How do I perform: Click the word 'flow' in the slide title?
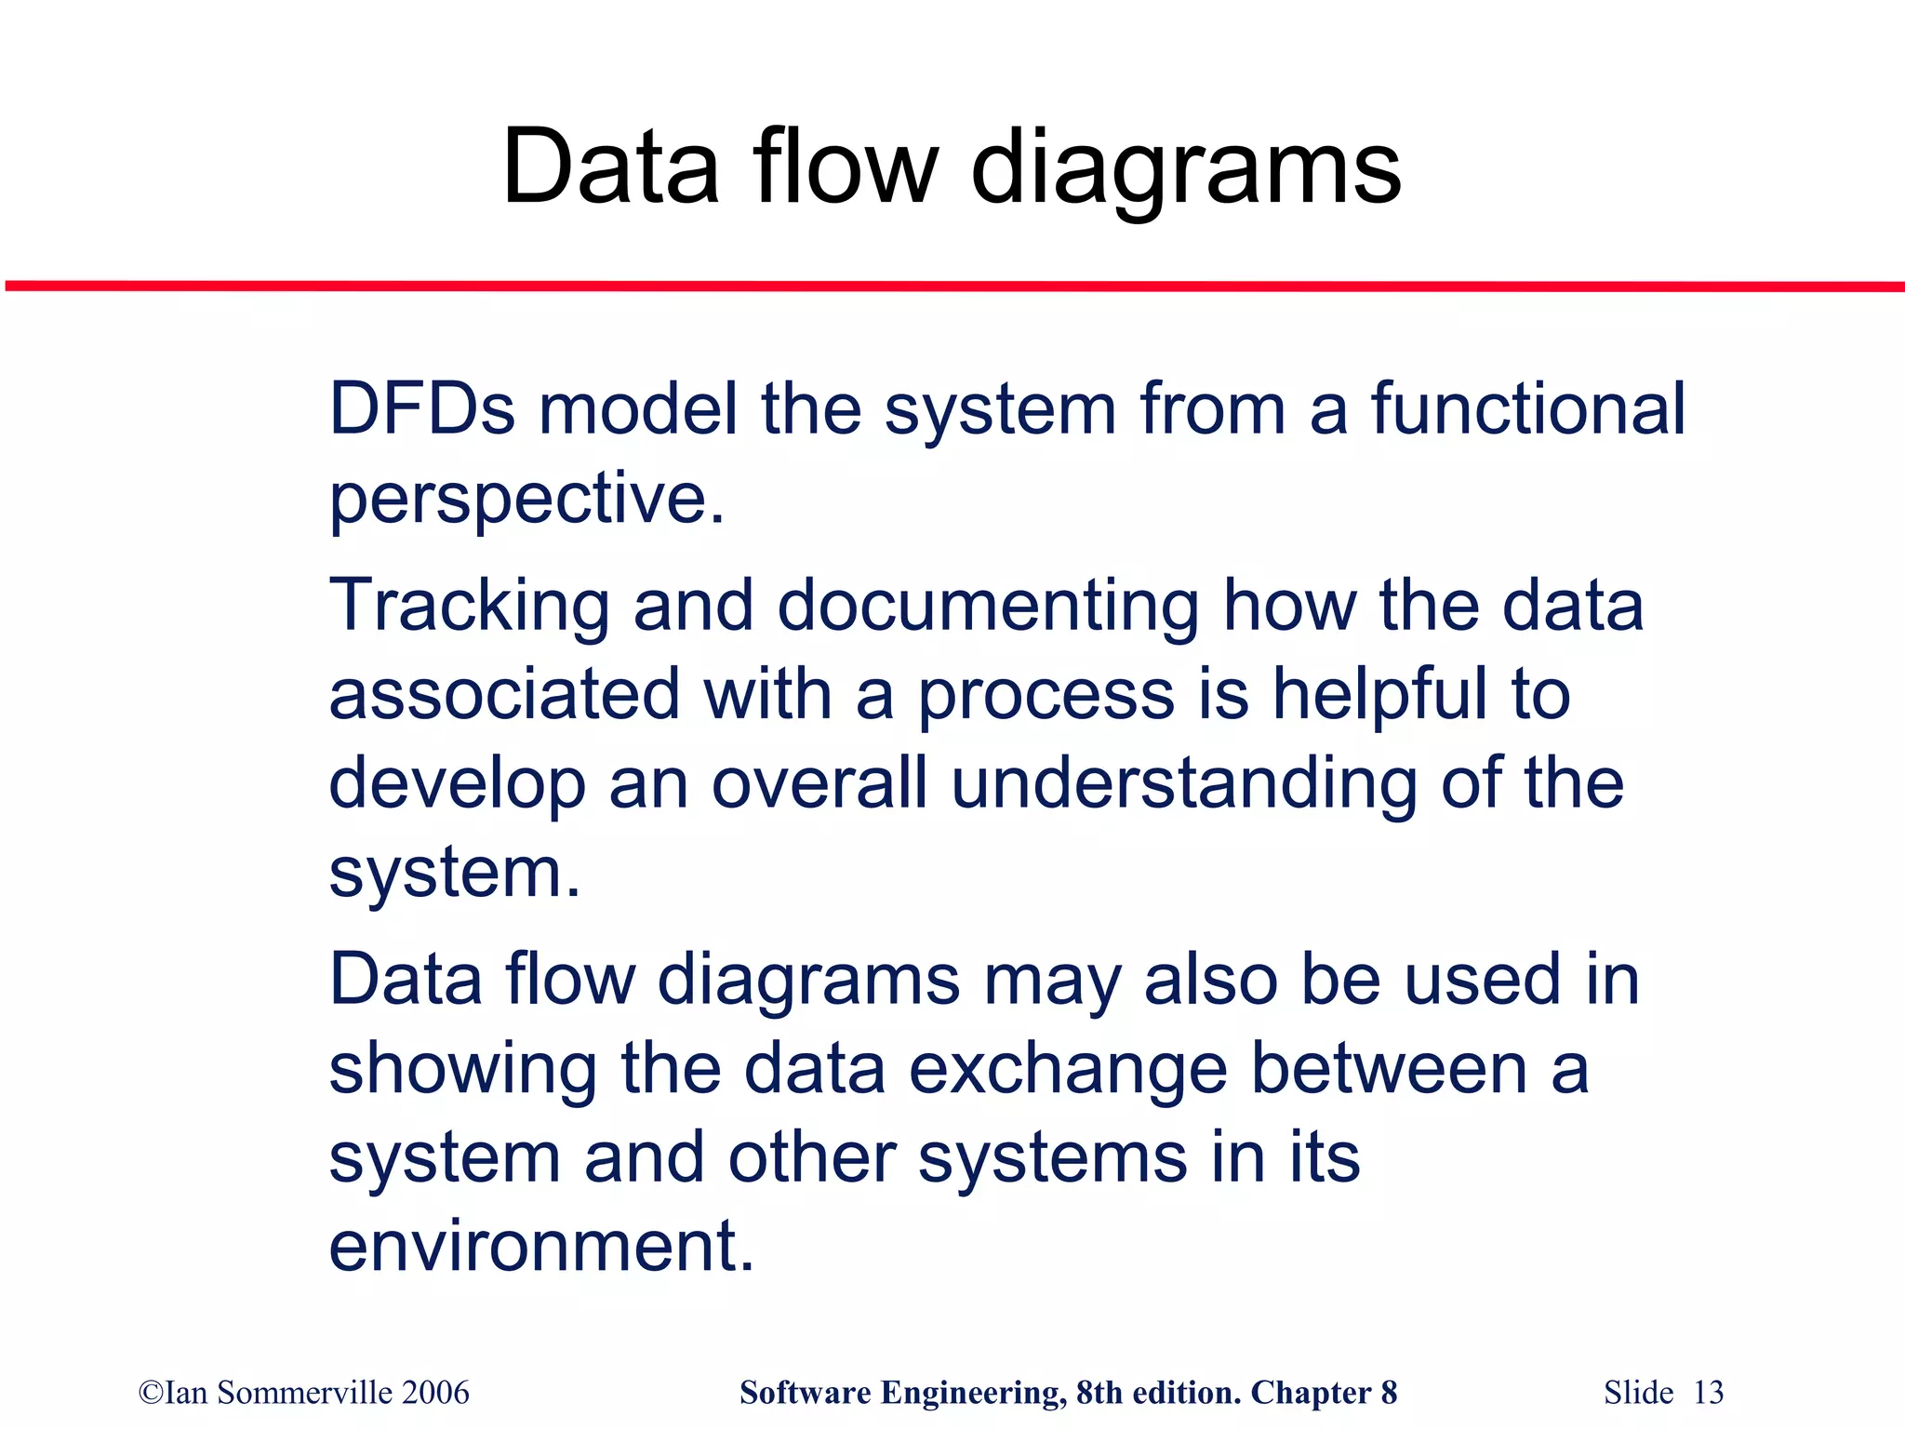pyautogui.click(x=845, y=167)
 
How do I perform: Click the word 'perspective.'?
pyautogui.click(x=526, y=500)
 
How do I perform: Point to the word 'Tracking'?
pyautogui.click(x=469, y=607)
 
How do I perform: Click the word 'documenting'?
pyautogui.click(x=988, y=607)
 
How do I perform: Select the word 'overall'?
pyautogui.click(x=819, y=782)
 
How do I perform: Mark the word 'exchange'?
pyautogui.click(x=1068, y=1069)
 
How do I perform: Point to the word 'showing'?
pyautogui.click(x=463, y=1069)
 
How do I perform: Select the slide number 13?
pyautogui.click(x=1708, y=1393)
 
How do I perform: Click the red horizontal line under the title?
pyautogui.click(x=952, y=286)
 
